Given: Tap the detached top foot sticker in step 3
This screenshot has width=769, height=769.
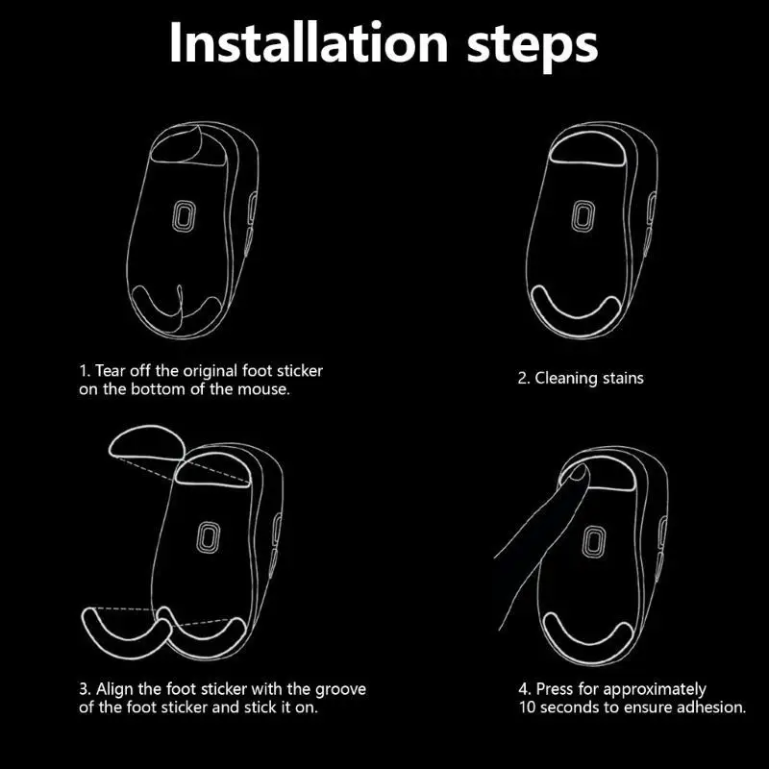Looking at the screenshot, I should [146, 442].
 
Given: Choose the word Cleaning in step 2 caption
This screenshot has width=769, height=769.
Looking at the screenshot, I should [567, 378].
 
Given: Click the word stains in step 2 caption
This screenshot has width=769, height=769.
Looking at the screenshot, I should [623, 378].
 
